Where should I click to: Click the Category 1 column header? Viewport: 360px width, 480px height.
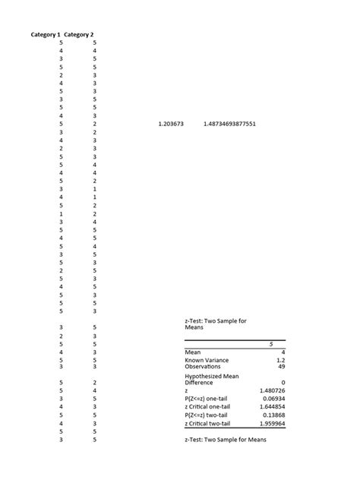46,35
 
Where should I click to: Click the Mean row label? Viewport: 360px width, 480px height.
192,352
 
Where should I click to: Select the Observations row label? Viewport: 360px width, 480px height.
201,367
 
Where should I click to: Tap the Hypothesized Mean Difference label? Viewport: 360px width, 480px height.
212,379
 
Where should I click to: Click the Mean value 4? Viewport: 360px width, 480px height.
283,352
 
